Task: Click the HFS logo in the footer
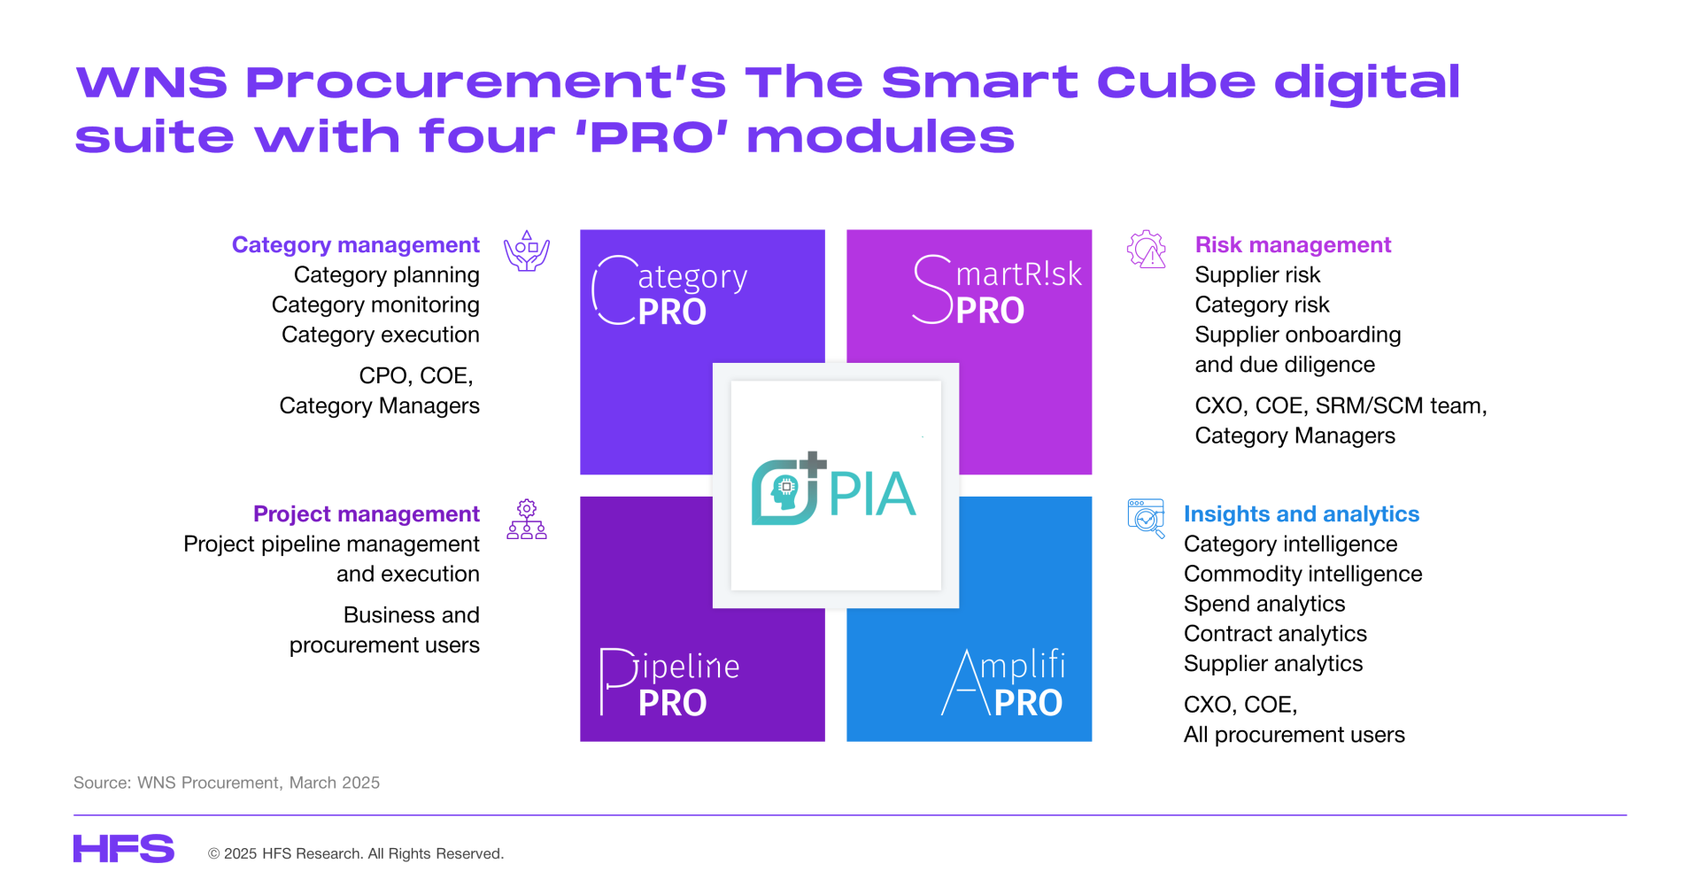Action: [124, 848]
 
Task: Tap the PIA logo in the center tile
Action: [833, 490]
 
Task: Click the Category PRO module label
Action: [669, 291]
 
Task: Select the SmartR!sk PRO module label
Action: [997, 289]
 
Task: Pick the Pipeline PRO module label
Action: [669, 683]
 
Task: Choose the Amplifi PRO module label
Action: [1003, 683]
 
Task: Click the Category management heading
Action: [355, 245]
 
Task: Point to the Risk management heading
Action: [1293, 245]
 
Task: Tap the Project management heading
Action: [366, 514]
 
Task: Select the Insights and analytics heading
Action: [1302, 514]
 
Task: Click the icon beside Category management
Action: [527, 251]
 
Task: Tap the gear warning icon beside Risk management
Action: [1147, 250]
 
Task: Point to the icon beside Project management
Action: [527, 520]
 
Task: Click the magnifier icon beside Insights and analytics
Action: [1147, 519]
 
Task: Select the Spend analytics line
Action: [1264, 604]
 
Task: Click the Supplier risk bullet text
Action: [1257, 275]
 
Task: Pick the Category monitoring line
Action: [375, 305]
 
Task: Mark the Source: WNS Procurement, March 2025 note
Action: [227, 783]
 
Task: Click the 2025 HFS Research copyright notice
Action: [356, 853]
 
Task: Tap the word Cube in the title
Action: [1176, 82]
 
